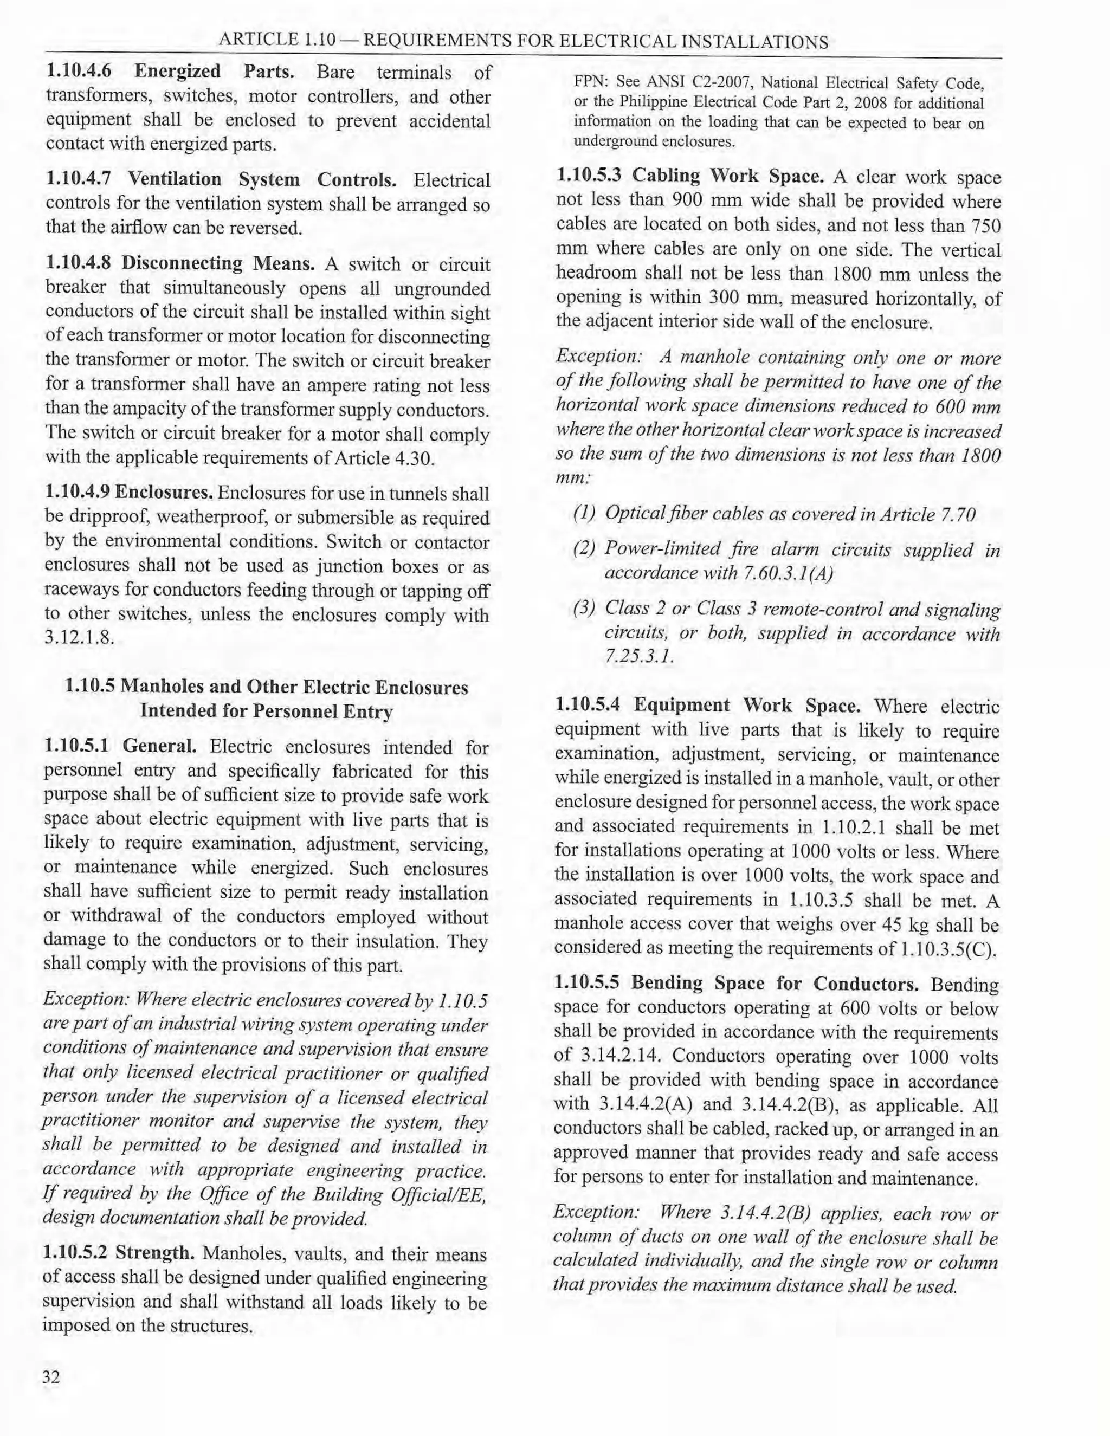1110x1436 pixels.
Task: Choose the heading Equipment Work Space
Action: click(747, 706)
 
